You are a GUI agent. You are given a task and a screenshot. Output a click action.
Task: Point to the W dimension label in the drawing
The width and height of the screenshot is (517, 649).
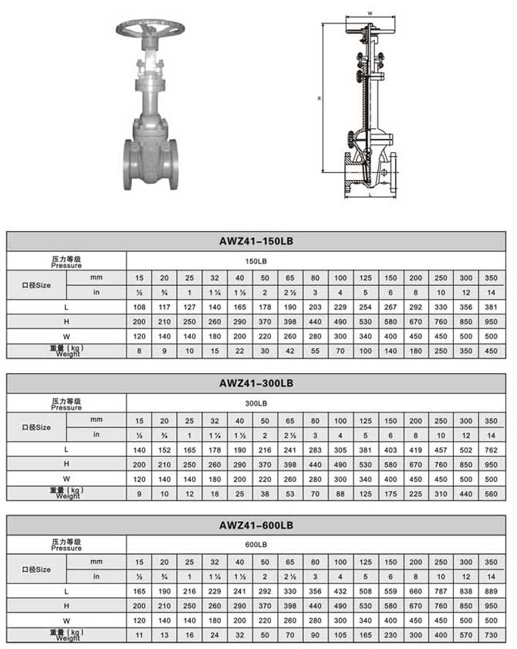[x=370, y=13]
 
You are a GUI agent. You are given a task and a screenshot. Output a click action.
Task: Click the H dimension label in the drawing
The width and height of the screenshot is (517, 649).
[x=318, y=98]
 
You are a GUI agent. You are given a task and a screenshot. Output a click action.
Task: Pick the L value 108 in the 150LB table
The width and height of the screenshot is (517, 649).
[x=140, y=307]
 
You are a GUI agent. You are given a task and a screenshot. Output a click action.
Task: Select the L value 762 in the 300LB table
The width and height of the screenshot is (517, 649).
[x=490, y=449]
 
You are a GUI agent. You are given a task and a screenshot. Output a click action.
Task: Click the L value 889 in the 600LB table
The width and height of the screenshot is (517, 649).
[x=490, y=591]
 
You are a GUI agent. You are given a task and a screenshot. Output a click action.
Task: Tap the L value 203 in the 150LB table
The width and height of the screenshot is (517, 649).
[x=315, y=307]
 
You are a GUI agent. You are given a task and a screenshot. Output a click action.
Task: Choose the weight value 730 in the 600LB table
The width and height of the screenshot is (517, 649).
[x=490, y=635]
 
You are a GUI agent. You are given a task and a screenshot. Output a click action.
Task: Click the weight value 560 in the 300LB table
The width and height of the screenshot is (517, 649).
[x=490, y=493]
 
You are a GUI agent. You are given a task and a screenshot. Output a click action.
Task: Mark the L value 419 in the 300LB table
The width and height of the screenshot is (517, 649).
[x=415, y=449]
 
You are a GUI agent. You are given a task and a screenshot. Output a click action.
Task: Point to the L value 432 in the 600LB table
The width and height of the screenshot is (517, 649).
[x=340, y=591]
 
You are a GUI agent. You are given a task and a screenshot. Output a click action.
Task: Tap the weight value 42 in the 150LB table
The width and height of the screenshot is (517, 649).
[x=290, y=351]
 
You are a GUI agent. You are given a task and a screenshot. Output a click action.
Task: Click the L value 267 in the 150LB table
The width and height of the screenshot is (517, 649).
[x=390, y=307]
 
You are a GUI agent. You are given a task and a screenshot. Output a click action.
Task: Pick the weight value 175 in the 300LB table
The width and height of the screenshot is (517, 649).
[x=390, y=493]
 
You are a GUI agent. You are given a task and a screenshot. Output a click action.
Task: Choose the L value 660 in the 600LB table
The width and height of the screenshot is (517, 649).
[x=415, y=591]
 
